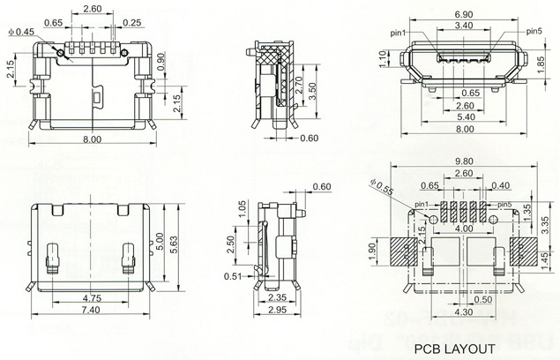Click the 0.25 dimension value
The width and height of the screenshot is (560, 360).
pyautogui.click(x=134, y=21)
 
